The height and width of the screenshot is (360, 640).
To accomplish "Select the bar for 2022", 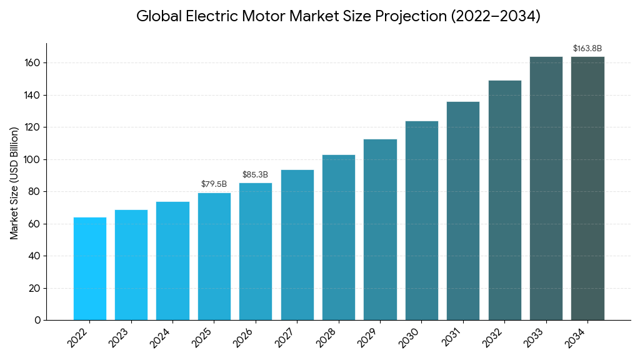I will pos(90,269).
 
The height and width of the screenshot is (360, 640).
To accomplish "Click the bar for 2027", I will pos(297,245).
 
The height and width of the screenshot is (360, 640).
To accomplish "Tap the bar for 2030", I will pos(422,221).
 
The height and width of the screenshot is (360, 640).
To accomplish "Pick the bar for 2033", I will pos(546,188).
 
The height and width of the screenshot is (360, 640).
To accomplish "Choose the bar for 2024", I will pos(172,261).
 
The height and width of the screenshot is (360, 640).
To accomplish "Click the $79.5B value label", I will pos(214,184).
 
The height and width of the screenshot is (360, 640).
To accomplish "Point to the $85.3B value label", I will pos(255,175).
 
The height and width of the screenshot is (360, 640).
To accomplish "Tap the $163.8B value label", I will pos(587,49).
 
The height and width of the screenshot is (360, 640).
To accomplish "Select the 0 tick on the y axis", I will pos(37,320).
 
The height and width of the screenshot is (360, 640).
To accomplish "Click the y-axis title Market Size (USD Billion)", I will pos(14,182).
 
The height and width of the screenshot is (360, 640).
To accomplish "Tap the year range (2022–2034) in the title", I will pos(496,17).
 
